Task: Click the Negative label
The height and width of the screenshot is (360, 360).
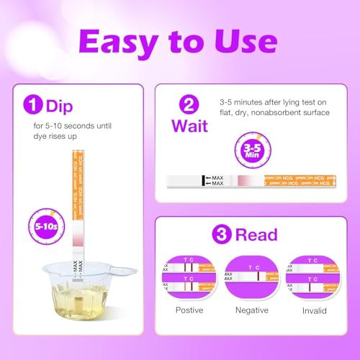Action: pos(251,310)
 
